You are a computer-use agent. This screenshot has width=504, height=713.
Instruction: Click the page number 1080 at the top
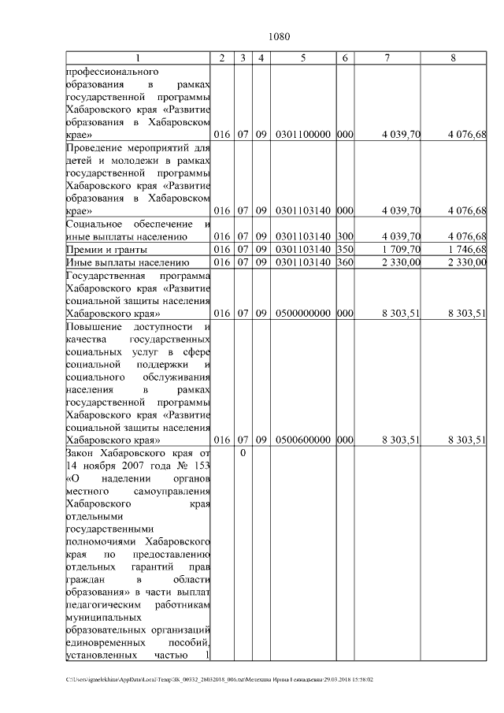click(x=280, y=37)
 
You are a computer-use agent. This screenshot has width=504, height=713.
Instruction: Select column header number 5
click(x=303, y=58)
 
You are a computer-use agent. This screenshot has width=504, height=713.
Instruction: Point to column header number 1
click(x=138, y=58)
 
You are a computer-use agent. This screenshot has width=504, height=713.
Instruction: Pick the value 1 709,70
click(x=401, y=249)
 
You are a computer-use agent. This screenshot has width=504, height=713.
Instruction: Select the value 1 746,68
click(x=466, y=249)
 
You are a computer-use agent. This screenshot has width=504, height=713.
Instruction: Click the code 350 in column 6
click(x=344, y=249)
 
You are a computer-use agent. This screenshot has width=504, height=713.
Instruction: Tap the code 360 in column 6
click(x=344, y=262)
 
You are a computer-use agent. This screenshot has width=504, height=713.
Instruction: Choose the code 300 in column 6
click(x=344, y=236)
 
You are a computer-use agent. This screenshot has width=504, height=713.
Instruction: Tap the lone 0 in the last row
click(x=243, y=454)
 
